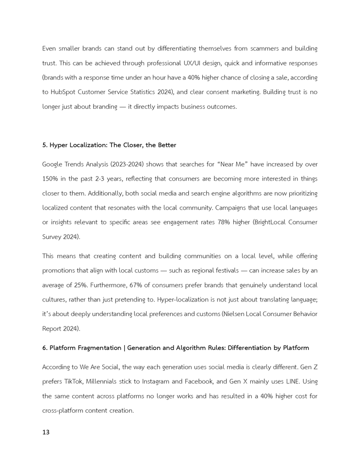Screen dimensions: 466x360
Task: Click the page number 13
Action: tap(46, 432)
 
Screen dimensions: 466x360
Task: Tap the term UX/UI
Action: tap(200, 63)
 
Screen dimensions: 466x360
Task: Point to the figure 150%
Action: tap(50, 179)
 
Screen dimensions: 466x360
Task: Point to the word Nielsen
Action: tap(237, 314)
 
